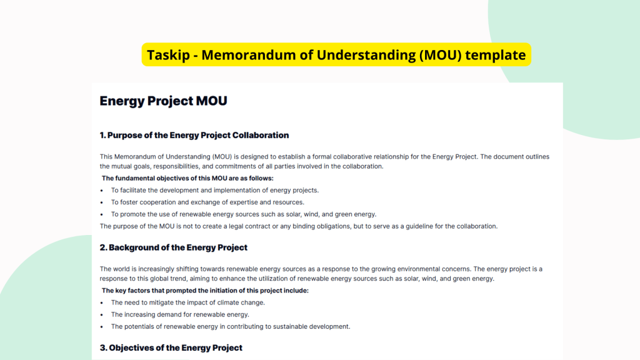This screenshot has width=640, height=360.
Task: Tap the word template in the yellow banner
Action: click(x=496, y=55)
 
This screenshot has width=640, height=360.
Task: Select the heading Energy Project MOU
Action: click(x=163, y=101)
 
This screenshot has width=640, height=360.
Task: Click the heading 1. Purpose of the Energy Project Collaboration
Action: click(x=194, y=135)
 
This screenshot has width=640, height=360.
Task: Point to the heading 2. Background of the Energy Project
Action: click(x=173, y=247)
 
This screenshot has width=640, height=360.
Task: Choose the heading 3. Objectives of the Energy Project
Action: click(x=171, y=347)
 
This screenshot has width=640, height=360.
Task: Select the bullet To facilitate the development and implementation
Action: click(x=214, y=191)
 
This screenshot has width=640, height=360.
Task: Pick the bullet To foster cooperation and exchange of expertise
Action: click(x=207, y=202)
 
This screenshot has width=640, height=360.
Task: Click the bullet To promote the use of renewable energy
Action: click(x=252, y=214)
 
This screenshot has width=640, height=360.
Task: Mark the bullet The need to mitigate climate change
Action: click(x=187, y=302)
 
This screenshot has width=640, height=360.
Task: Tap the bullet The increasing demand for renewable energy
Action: click(x=180, y=314)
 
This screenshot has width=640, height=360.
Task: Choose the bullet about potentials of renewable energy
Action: click(x=230, y=326)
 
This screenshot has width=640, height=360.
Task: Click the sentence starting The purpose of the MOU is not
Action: click(x=298, y=226)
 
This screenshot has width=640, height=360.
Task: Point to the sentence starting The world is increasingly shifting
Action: click(x=321, y=269)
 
